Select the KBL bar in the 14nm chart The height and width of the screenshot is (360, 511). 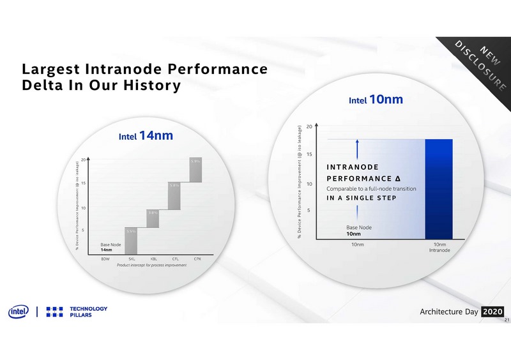152,218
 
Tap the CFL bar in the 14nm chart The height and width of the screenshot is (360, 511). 174,195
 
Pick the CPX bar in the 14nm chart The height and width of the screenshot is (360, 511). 196,169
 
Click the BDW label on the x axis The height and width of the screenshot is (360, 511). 105,259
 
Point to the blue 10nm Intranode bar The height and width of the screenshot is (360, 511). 439,189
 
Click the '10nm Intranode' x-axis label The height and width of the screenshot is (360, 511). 439,247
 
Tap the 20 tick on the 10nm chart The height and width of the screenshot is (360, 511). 309,126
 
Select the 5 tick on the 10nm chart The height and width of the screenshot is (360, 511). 309,209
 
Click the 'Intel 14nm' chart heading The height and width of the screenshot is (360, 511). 146,136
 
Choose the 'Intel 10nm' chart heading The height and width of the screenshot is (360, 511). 376,100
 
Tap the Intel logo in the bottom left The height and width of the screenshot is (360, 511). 17,312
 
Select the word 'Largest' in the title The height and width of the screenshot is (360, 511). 52,69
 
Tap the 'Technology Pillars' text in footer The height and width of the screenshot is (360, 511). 89,312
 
